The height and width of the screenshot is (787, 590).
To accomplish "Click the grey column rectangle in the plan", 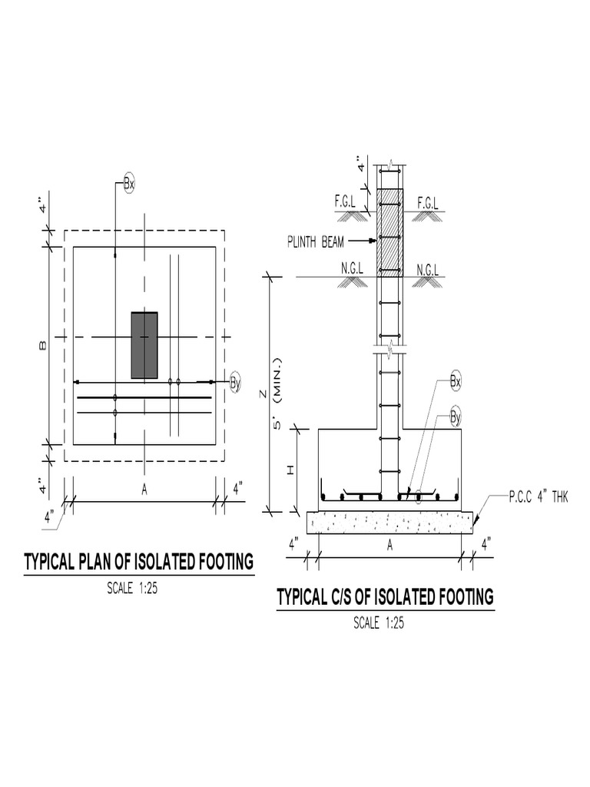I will (x=144, y=345).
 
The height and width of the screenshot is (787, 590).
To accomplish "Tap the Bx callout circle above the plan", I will (x=128, y=184).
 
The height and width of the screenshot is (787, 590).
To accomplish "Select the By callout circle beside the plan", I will (x=236, y=381).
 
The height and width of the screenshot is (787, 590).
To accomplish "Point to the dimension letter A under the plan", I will (x=144, y=490).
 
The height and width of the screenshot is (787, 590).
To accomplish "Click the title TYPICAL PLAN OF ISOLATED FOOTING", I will (x=139, y=563).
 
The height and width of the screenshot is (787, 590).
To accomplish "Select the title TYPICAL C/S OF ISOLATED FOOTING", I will (x=385, y=596).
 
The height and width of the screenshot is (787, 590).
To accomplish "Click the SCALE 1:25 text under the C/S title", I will (x=379, y=623).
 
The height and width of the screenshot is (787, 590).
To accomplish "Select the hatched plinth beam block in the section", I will (x=390, y=233).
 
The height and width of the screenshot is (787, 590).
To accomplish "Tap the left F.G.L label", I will (x=345, y=202).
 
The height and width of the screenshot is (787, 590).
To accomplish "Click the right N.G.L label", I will (x=428, y=269).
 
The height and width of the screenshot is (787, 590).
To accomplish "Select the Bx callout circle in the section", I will (x=456, y=381).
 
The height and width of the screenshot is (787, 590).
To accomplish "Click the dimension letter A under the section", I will (x=389, y=545).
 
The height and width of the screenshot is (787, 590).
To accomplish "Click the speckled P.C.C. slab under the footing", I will (x=389, y=523).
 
